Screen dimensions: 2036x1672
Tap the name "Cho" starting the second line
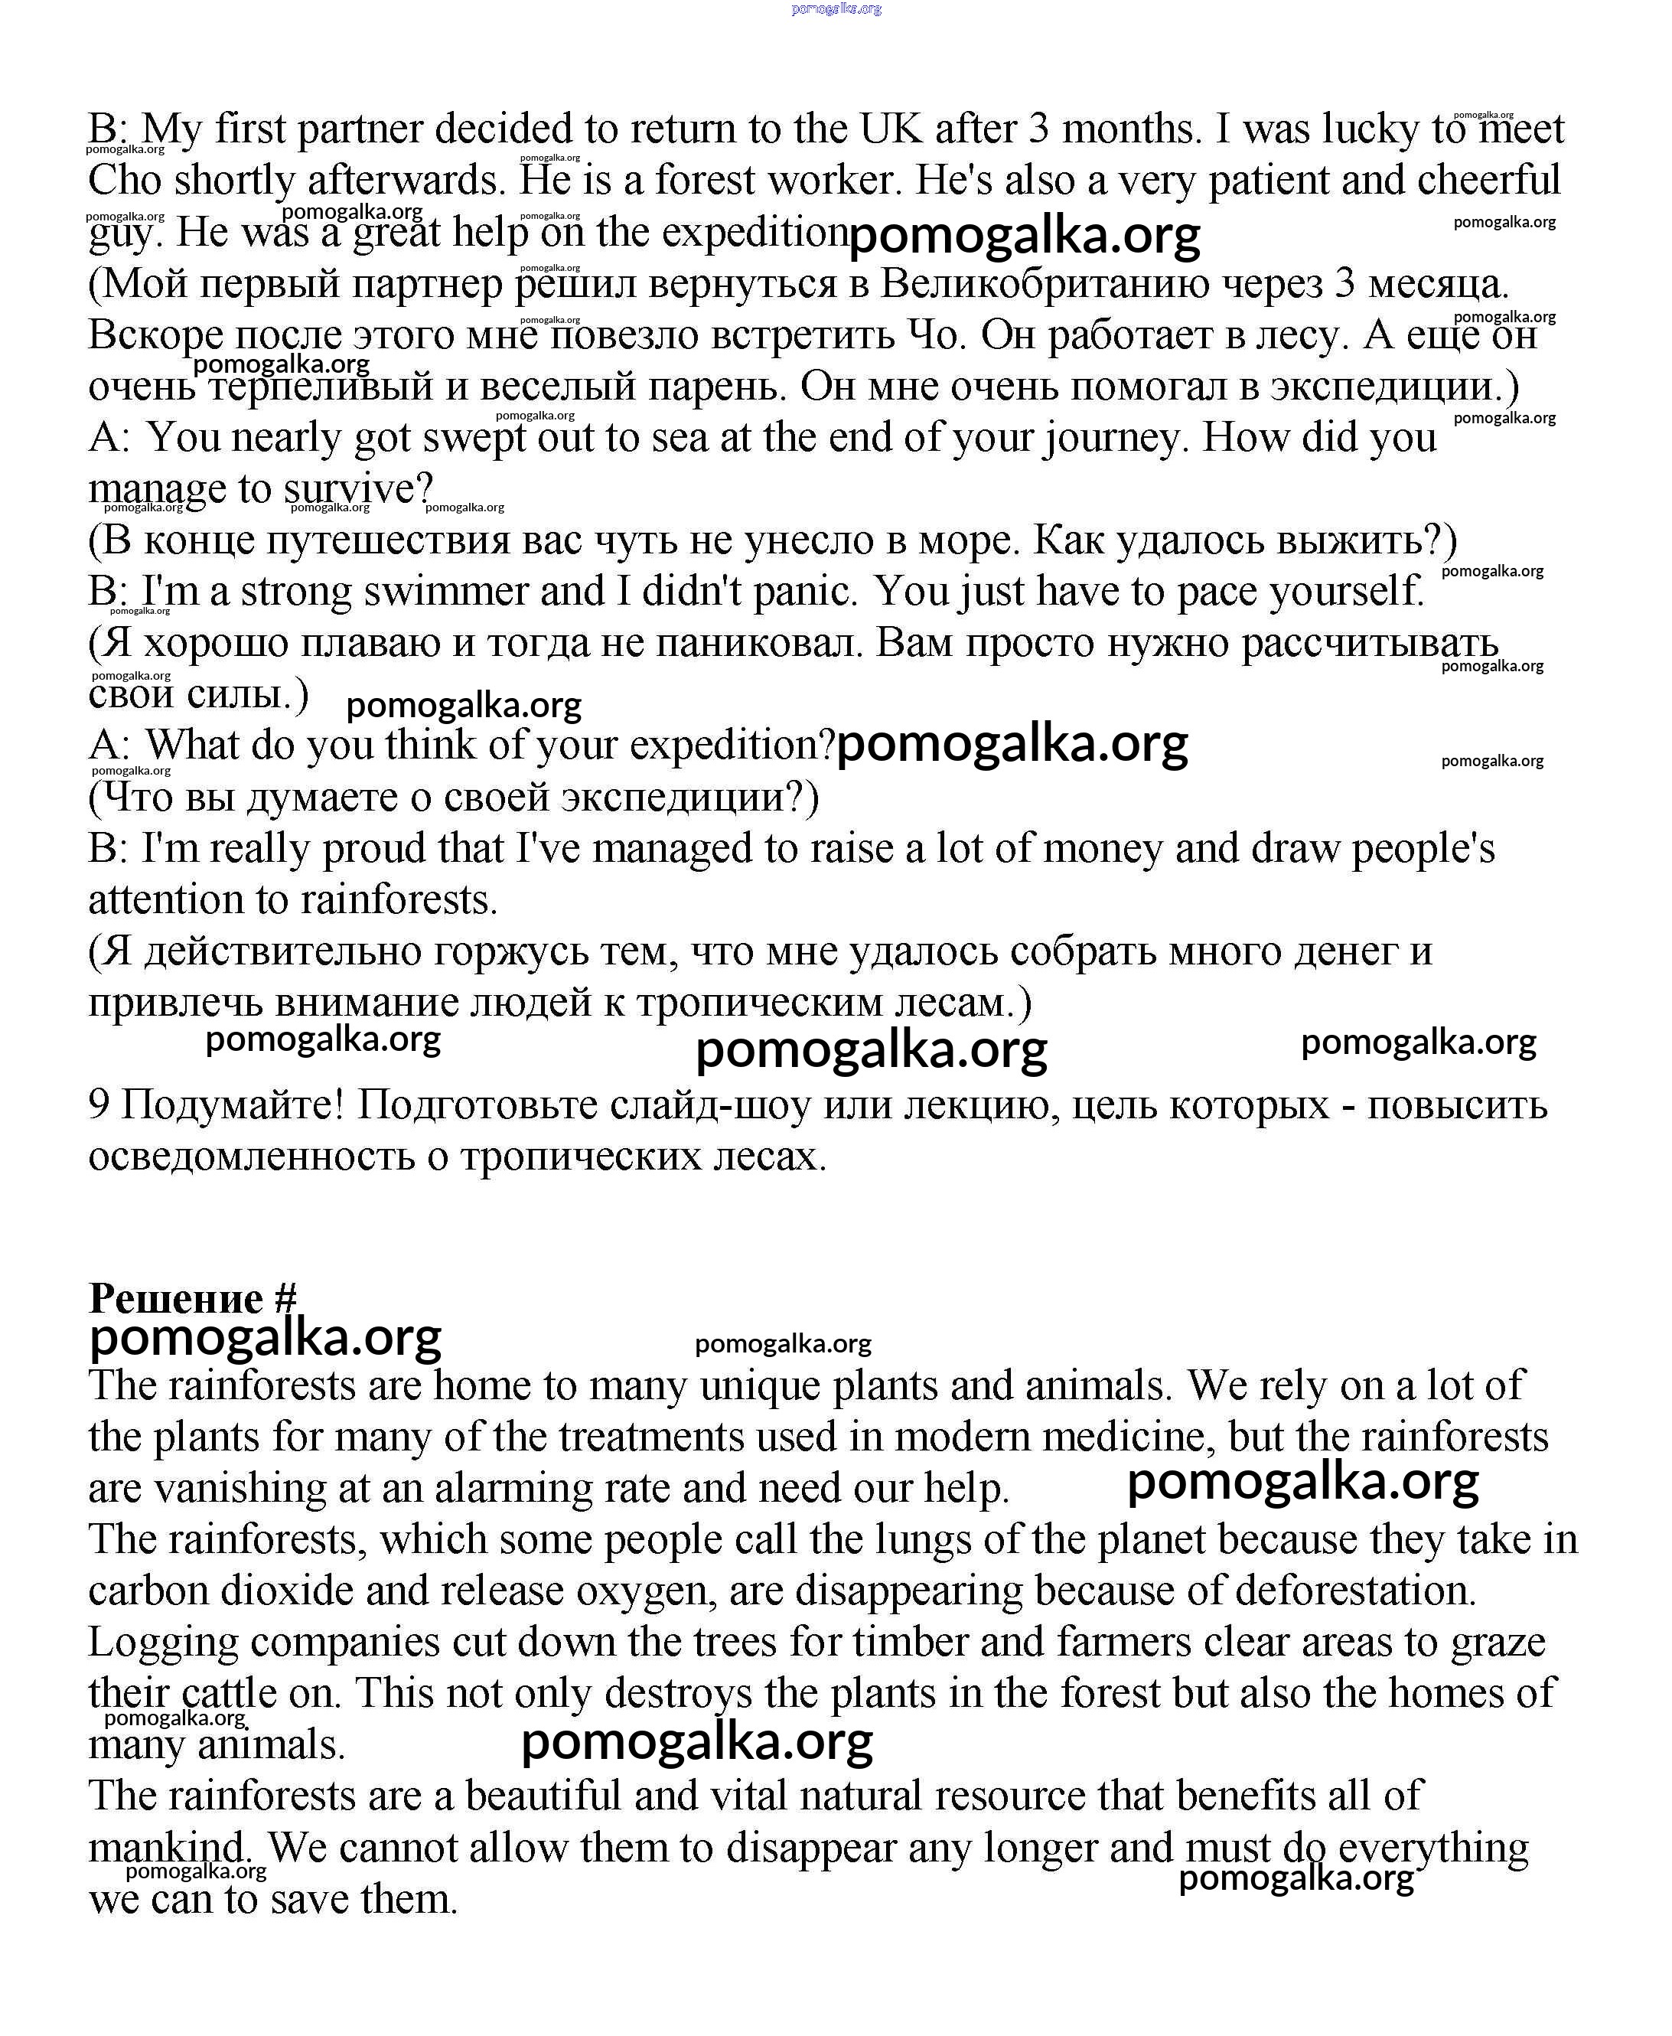(x=125, y=180)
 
